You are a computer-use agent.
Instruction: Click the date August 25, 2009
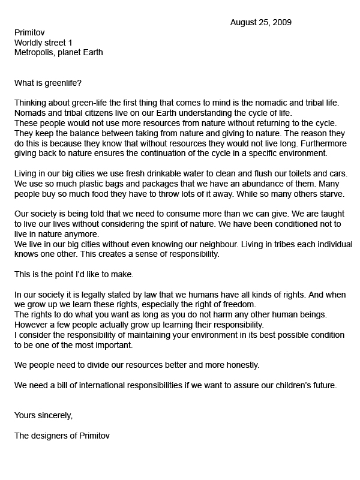tap(261, 23)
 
